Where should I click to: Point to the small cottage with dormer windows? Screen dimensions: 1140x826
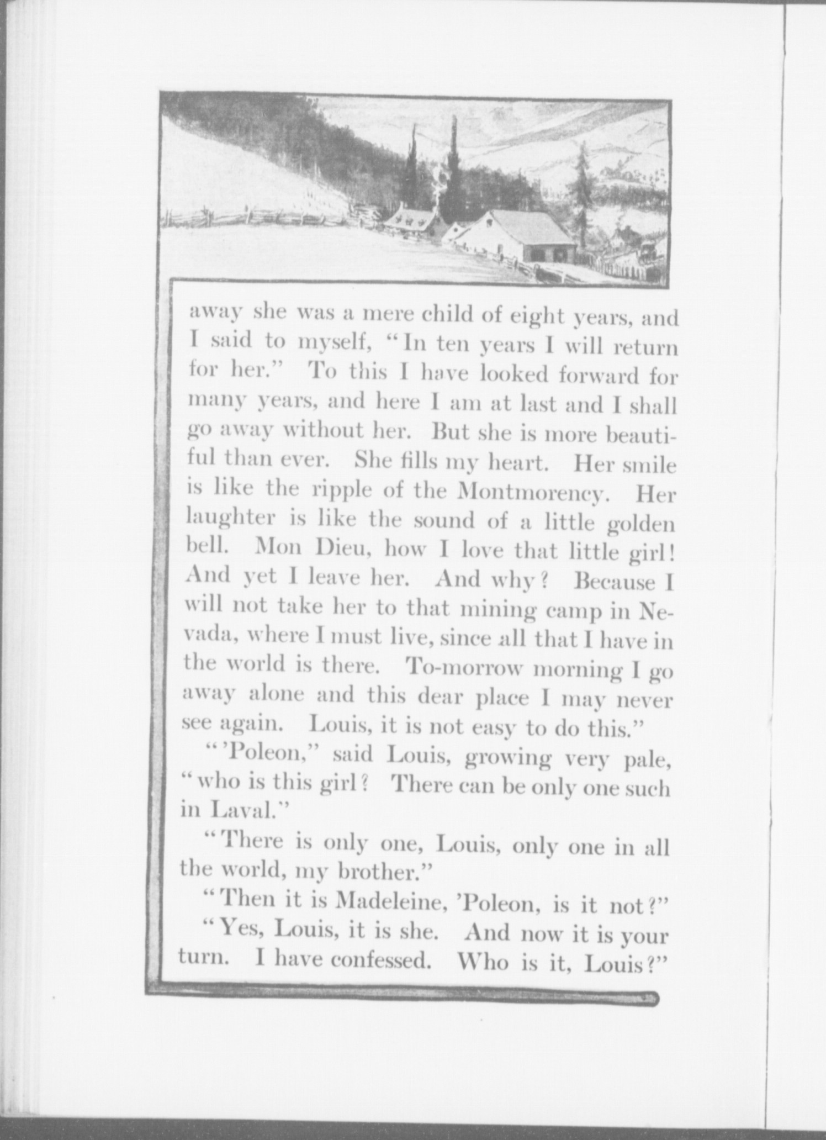(x=409, y=222)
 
